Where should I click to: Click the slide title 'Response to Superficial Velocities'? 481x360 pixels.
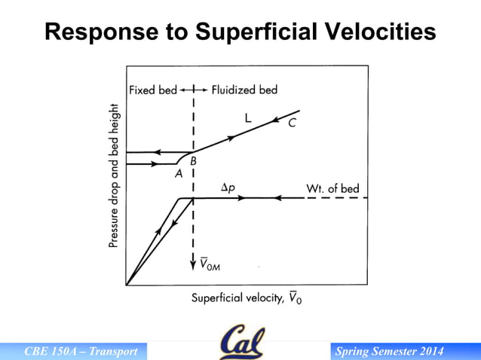click(240, 32)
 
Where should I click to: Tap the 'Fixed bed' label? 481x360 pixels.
click(153, 90)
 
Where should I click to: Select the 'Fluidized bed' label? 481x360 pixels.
click(244, 90)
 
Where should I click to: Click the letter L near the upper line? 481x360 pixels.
click(247, 118)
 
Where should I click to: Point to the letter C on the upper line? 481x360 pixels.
click(291, 124)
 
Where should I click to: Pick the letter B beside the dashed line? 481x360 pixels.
click(193, 160)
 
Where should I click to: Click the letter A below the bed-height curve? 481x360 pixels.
click(179, 172)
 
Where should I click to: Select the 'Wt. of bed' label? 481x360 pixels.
click(332, 188)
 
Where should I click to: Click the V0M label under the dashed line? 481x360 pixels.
click(210, 264)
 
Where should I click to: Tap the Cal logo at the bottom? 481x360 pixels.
click(242, 342)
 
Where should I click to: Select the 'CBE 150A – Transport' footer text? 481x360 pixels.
click(81, 352)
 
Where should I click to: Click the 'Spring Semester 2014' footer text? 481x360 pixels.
click(389, 352)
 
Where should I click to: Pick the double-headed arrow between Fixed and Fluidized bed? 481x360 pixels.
click(195, 90)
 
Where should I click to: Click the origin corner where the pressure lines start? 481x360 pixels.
click(127, 285)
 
